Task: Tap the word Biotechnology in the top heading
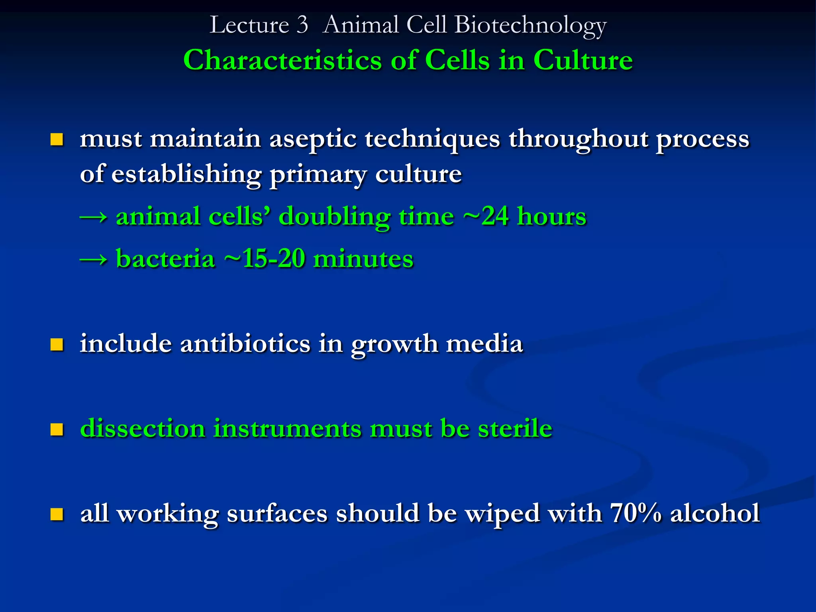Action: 530,25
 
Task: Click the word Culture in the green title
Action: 583,61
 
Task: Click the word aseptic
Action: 313,139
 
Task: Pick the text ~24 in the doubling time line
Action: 486,216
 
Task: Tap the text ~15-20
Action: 265,259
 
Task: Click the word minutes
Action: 363,259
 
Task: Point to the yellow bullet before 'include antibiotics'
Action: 57,344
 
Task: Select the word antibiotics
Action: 245,343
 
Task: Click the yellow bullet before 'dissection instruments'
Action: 57,429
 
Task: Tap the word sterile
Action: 515,428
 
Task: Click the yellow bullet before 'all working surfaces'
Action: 57,514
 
